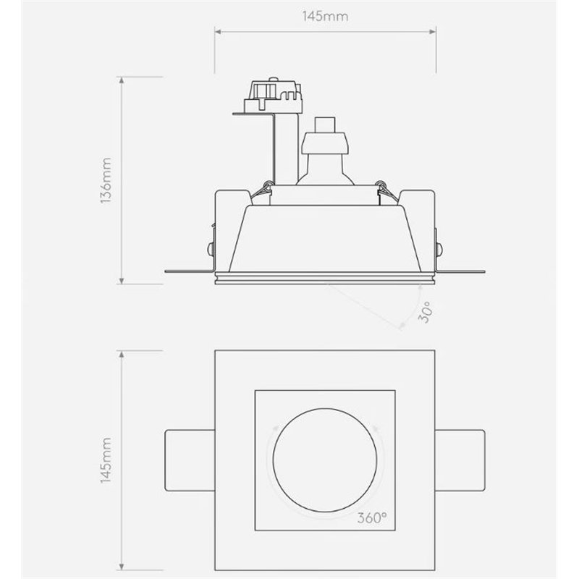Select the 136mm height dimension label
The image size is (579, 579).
point(106,181)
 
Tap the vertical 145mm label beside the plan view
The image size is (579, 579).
point(106,460)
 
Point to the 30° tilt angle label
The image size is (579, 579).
point(427,312)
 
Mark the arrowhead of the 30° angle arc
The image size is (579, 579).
point(402,326)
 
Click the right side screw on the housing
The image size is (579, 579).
point(440,247)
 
